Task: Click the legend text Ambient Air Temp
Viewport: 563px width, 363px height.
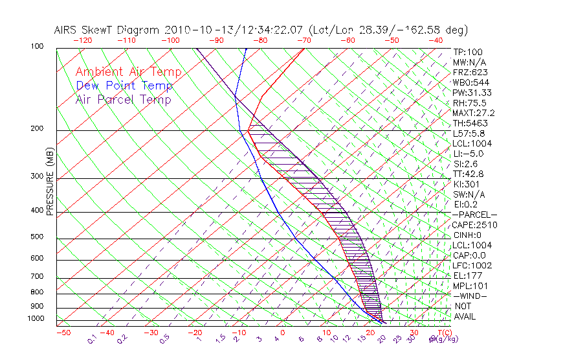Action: [128, 72]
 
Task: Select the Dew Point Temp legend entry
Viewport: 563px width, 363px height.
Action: [124, 86]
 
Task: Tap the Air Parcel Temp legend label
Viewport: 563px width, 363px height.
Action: [123, 99]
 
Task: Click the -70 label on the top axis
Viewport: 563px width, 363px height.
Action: [304, 40]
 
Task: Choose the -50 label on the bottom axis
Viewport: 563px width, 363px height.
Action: [63, 333]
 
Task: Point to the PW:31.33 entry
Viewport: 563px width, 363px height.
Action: [472, 93]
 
